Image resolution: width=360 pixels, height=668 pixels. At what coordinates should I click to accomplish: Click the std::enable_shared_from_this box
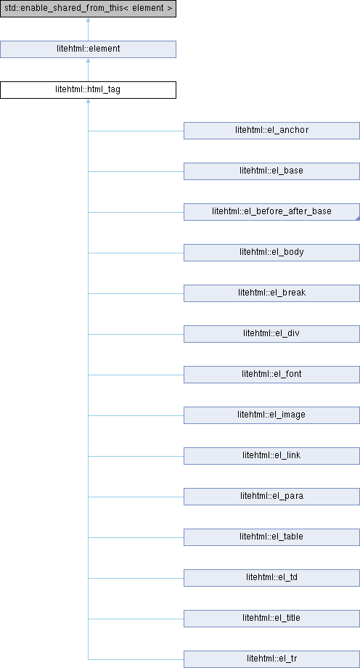pyautogui.click(x=89, y=9)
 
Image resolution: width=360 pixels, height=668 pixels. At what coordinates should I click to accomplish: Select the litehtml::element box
pyautogui.click(x=89, y=49)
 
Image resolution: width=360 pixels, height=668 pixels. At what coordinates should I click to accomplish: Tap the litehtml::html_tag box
pyautogui.click(x=89, y=90)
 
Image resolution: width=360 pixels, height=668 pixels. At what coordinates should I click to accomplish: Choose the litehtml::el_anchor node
pyautogui.click(x=271, y=131)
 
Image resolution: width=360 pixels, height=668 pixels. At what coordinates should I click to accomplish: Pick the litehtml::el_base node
pyautogui.click(x=271, y=171)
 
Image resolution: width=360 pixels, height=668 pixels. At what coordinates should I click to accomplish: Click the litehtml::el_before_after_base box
pyautogui.click(x=271, y=212)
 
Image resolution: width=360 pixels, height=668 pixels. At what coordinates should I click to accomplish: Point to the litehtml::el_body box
pyautogui.click(x=271, y=252)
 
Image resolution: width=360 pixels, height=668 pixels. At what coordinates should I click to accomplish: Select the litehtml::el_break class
pyautogui.click(x=271, y=293)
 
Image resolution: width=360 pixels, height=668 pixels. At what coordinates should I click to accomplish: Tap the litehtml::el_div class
pyautogui.click(x=271, y=333)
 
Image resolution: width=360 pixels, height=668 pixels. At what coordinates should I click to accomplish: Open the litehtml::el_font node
pyautogui.click(x=271, y=375)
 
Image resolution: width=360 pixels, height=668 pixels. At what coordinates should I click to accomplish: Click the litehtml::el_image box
pyautogui.click(x=271, y=415)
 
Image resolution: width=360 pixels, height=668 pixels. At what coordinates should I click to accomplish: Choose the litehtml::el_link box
pyautogui.click(x=271, y=456)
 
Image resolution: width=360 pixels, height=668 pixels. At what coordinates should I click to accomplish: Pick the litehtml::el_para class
pyautogui.click(x=271, y=497)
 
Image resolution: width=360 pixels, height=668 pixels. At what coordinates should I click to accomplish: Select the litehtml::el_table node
pyautogui.click(x=271, y=537)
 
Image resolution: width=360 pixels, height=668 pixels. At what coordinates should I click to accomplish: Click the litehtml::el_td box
pyautogui.click(x=271, y=578)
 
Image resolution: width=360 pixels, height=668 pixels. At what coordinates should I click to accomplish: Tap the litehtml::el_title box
pyautogui.click(x=271, y=618)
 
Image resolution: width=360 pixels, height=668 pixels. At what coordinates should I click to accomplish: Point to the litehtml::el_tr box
pyautogui.click(x=271, y=659)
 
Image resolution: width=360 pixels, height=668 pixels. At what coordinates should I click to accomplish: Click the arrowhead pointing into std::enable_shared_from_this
pyautogui.click(x=89, y=20)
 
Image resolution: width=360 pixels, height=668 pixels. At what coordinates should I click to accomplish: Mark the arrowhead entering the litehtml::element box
pyautogui.click(x=89, y=60)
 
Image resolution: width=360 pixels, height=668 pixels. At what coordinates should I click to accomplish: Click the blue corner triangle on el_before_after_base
pyautogui.click(x=358, y=219)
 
